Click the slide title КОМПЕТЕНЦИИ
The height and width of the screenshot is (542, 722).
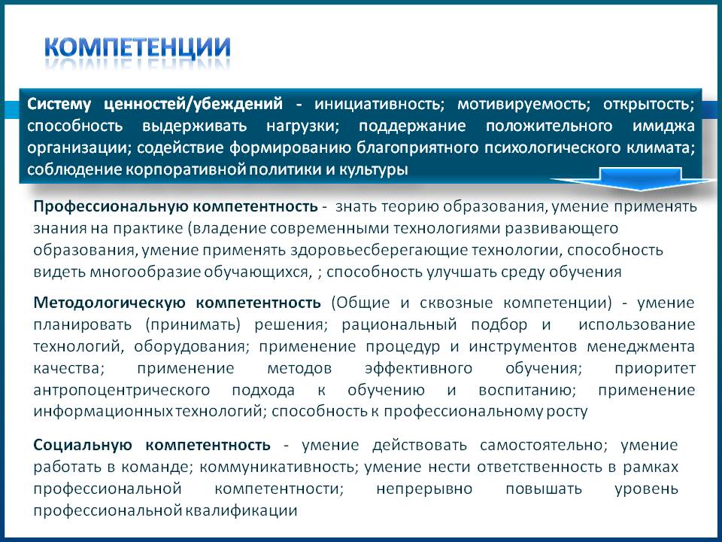(137, 47)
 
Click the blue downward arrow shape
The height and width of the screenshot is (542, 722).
(640, 179)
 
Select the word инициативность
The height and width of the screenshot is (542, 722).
(379, 104)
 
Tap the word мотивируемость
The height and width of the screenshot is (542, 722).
(524, 104)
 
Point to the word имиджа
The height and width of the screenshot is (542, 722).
(663, 126)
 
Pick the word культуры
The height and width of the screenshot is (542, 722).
(374, 170)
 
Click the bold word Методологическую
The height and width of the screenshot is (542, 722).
(109, 303)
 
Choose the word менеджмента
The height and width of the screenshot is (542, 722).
(641, 346)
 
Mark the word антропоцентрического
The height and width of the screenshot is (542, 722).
(122, 391)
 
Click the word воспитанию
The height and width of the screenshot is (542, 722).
(527, 391)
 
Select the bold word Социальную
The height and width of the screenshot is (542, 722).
(83, 445)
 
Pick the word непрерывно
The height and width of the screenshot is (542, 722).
(424, 489)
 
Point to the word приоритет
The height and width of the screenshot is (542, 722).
(655, 369)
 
